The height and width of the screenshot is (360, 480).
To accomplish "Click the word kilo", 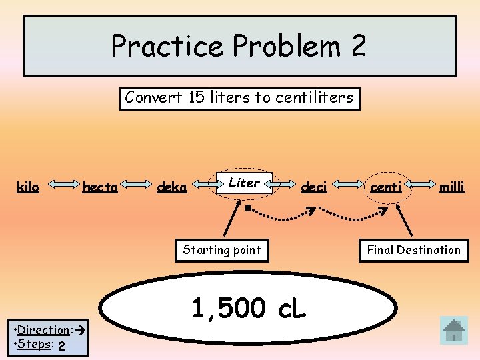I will pyautogui.click(x=28, y=187).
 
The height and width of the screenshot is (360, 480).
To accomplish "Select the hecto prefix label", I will pyautogui.click(x=100, y=187).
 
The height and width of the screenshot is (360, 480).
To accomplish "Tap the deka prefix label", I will pyautogui.click(x=171, y=187).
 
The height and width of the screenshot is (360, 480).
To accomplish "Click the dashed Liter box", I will pyautogui.click(x=244, y=183).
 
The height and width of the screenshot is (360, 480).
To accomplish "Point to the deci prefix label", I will pyautogui.click(x=314, y=187).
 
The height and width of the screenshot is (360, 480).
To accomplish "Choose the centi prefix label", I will pyautogui.click(x=386, y=187).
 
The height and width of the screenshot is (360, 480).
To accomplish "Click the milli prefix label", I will pyautogui.click(x=451, y=187).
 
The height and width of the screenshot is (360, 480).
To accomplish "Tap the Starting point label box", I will pyautogui.click(x=222, y=250).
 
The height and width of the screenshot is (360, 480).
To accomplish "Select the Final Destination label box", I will pyautogui.click(x=413, y=250).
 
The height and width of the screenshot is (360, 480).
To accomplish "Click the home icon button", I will pyautogui.click(x=454, y=329).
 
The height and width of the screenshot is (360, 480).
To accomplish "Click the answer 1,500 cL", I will pyautogui.click(x=249, y=308).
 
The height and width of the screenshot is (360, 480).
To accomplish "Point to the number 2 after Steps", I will pyautogui.click(x=61, y=346).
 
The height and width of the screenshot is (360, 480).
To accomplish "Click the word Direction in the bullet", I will pyautogui.click(x=44, y=329).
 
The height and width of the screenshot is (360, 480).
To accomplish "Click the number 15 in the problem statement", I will pyautogui.click(x=196, y=97).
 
